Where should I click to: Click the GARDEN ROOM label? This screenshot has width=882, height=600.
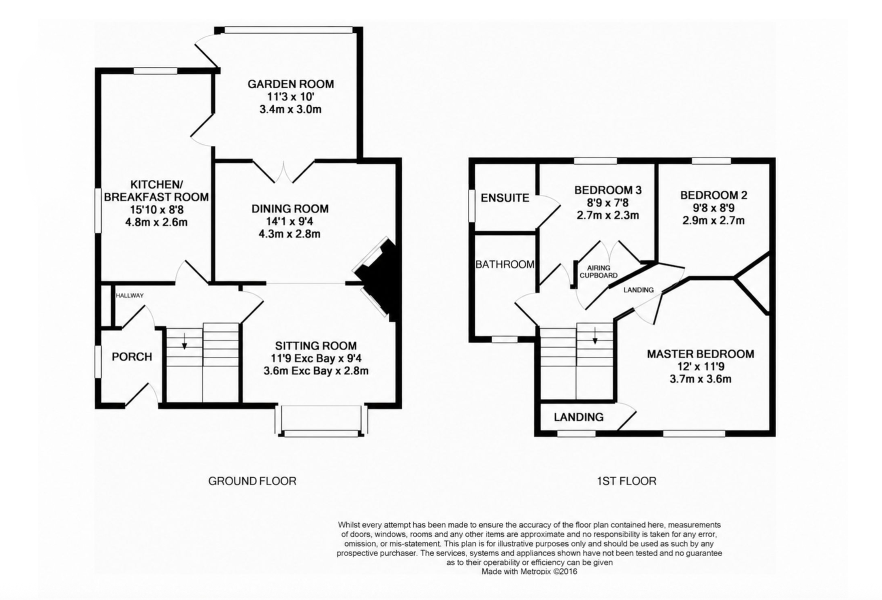tap(291, 84)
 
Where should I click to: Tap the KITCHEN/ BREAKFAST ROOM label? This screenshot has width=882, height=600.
tap(156, 191)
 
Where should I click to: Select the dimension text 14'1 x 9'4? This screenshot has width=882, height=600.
tap(290, 221)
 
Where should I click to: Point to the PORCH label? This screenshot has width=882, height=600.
tap(132, 357)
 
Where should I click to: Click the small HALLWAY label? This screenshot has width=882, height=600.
tap(130, 296)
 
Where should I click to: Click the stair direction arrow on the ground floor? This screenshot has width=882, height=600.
tap(184, 341)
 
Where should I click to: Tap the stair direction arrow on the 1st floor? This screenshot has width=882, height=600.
tap(595, 336)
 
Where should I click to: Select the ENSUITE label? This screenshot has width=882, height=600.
tap(505, 198)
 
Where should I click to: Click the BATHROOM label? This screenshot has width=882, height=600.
tap(505, 264)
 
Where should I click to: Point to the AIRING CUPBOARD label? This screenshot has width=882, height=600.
tap(599, 272)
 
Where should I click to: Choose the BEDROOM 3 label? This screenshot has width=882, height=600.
tap(608, 190)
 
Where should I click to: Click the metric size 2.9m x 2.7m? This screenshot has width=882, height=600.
tap(714, 221)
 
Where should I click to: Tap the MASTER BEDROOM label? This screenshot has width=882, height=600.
tap(701, 354)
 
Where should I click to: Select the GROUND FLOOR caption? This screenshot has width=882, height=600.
tap(252, 481)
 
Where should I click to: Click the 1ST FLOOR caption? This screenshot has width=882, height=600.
tap(626, 481)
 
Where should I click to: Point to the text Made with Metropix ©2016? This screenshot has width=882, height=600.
tap(529, 572)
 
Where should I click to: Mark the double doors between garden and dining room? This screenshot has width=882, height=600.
tap(283, 172)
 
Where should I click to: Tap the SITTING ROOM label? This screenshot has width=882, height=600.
tap(316, 346)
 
